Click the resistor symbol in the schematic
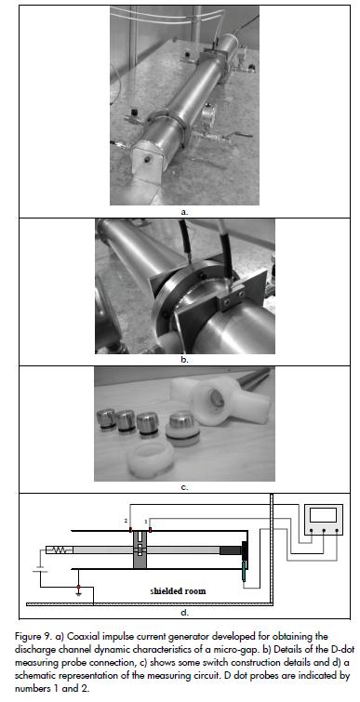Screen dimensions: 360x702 (60, 550)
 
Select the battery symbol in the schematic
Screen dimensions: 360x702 (41, 570)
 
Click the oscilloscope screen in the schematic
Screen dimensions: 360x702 (323, 515)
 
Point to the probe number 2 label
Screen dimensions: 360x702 (127, 521)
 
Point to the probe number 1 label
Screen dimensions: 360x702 (146, 522)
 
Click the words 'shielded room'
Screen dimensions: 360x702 (178, 590)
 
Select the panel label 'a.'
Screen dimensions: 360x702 (184, 212)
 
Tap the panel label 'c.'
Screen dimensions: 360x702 (184, 486)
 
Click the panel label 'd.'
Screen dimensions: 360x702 (184, 613)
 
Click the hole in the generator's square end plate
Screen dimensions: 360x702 (147, 158)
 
